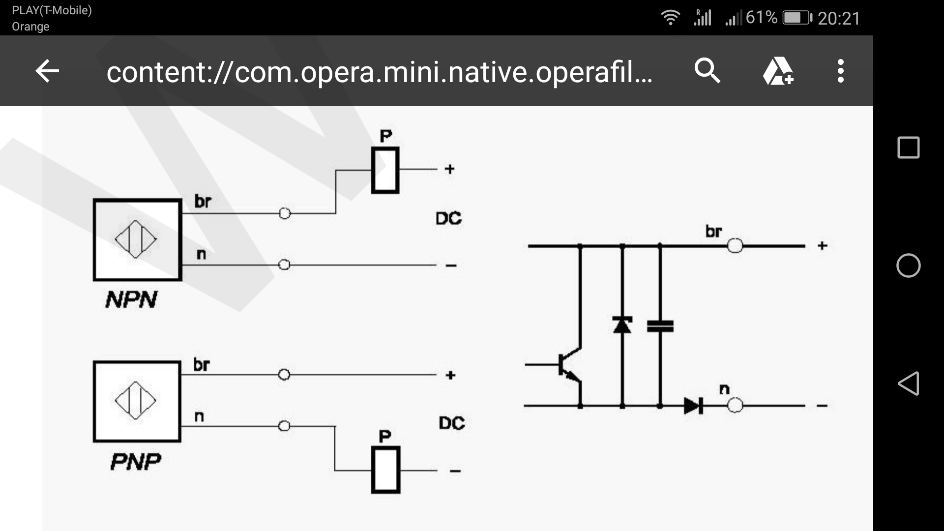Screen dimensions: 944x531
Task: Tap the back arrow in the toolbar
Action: (x=47, y=71)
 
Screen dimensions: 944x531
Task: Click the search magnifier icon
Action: (x=707, y=71)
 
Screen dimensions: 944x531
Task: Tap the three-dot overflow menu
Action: (x=841, y=71)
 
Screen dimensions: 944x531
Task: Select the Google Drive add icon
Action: (x=778, y=71)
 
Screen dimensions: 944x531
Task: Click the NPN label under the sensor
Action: (x=131, y=299)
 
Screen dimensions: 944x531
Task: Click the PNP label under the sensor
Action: (x=136, y=462)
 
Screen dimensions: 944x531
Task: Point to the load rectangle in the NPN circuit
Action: (x=385, y=170)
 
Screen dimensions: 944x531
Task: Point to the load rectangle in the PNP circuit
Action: (x=385, y=470)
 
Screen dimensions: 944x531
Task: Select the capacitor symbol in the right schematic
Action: (x=660, y=326)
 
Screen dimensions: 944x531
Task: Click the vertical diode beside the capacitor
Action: (x=622, y=325)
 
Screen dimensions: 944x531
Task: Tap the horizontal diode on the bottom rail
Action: (x=694, y=406)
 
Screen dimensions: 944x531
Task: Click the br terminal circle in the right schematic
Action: (x=735, y=245)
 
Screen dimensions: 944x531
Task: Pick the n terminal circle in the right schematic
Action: (x=735, y=406)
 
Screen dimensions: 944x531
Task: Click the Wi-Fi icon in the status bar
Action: (x=670, y=18)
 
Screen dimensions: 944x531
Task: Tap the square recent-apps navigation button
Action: (x=909, y=147)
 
